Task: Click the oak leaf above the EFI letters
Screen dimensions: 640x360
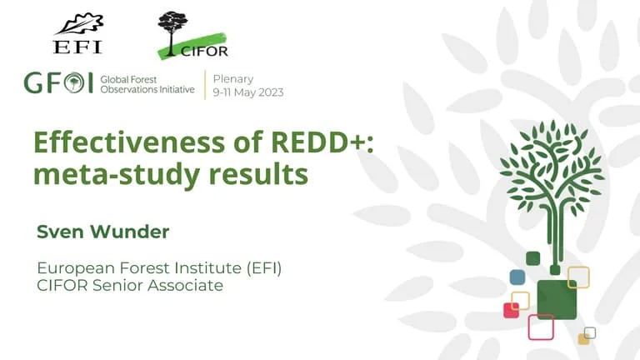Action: pyautogui.click(x=80, y=24)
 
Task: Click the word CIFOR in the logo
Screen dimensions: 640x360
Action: pyautogui.click(x=204, y=52)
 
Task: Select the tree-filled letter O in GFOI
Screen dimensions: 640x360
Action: pyautogui.click(x=74, y=82)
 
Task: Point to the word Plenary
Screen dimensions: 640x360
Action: pyautogui.click(x=233, y=79)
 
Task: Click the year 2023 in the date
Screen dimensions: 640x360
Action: pyautogui.click(x=271, y=92)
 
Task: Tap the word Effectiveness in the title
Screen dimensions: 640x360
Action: pyautogui.click(x=129, y=142)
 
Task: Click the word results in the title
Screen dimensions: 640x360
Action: pyautogui.click(x=258, y=174)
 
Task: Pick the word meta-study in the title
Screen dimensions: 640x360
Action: pyautogui.click(x=116, y=176)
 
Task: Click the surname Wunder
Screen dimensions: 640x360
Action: pyautogui.click(x=129, y=232)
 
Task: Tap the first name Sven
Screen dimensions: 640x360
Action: pyautogui.click(x=60, y=232)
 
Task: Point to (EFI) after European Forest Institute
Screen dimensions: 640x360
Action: pyautogui.click(x=263, y=268)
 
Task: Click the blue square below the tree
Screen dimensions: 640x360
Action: pyautogui.click(x=517, y=277)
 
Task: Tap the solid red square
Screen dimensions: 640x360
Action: pyautogui.click(x=510, y=311)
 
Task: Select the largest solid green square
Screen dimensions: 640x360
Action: pyautogui.click(x=557, y=300)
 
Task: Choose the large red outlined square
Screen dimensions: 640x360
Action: pyautogui.click(x=541, y=327)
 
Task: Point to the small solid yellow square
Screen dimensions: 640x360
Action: pyautogui.click(x=583, y=339)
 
